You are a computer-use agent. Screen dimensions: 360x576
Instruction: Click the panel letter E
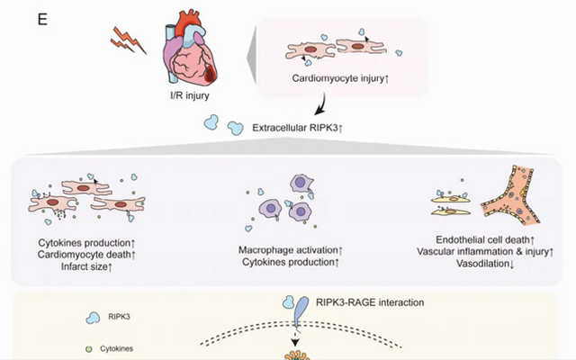point(41,19)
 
